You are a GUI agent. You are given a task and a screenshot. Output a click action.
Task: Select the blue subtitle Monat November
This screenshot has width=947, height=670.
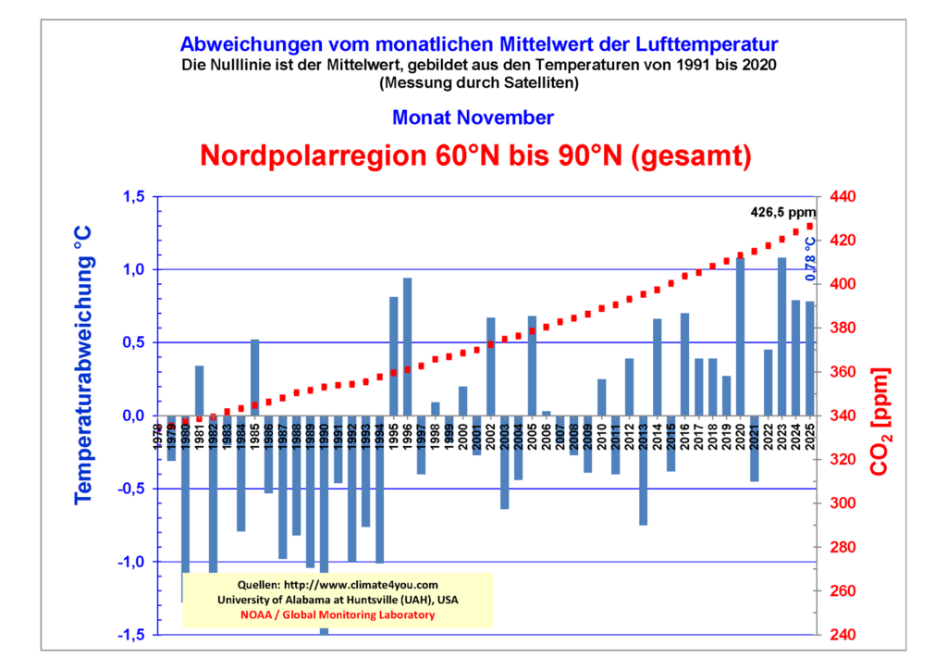pyautogui.click(x=473, y=118)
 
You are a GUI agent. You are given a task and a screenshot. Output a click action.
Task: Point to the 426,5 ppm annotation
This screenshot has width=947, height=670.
pyautogui.click(x=782, y=212)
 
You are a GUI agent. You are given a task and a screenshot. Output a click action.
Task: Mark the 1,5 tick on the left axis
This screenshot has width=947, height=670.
pyautogui.click(x=133, y=197)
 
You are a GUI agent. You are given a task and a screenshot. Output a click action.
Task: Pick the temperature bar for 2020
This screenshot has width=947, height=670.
pyautogui.click(x=740, y=337)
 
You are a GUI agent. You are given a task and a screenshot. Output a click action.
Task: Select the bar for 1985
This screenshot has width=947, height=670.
pyautogui.click(x=254, y=378)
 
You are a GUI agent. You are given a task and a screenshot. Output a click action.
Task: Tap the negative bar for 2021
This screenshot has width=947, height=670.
pyautogui.click(x=754, y=448)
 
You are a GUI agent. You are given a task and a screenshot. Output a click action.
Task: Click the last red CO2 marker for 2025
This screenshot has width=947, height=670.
pyautogui.click(x=810, y=227)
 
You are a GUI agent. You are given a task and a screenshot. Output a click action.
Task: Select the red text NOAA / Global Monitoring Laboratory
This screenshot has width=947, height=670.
pyautogui.click(x=337, y=614)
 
